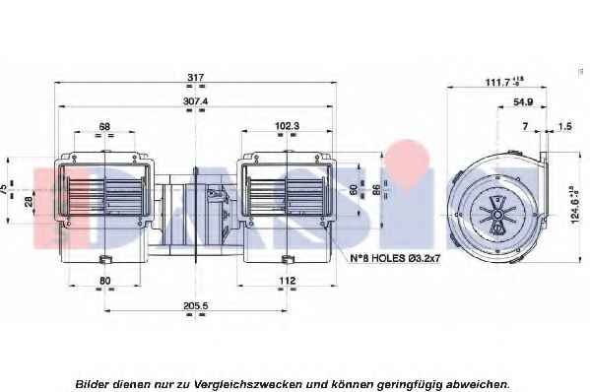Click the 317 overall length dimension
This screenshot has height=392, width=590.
click(196, 77)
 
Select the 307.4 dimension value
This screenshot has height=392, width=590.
click(195, 101)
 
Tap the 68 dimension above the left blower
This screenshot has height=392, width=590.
click(104, 126)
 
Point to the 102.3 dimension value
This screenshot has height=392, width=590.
click(287, 126)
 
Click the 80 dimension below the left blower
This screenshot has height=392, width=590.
click(105, 281)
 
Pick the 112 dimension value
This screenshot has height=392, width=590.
click(287, 281)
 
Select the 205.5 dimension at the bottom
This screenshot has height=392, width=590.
click(195, 306)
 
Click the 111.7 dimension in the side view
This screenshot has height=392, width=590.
click(503, 82)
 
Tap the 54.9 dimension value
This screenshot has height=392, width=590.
click(523, 101)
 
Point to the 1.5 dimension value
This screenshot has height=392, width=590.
click(564, 126)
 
